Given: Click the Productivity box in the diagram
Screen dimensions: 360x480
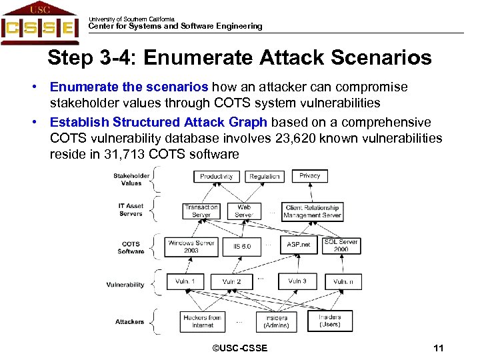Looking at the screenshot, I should (x=217, y=176).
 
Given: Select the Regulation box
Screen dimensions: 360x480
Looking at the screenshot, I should (x=265, y=176).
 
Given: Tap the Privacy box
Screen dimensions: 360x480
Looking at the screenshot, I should (x=309, y=175).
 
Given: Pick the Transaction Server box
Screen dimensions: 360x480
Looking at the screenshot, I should (x=201, y=211).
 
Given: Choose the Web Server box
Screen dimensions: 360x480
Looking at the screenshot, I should (x=244, y=211).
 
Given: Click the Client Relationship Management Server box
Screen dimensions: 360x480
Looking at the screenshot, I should (x=312, y=211).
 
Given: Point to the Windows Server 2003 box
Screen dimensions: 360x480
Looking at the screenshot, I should (x=191, y=247).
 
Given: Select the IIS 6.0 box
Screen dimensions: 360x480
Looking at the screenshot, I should (x=242, y=247).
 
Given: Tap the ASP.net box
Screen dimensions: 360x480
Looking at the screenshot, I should (x=298, y=245).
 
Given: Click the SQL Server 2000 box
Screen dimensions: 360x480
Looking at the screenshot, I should (x=341, y=245).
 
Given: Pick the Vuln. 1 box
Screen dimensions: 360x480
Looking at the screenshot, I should (x=186, y=282).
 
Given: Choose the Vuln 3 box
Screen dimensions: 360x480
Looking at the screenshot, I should (x=297, y=281).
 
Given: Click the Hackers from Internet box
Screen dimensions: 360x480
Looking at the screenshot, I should (x=202, y=321).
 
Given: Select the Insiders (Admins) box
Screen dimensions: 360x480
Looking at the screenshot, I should (x=276, y=321).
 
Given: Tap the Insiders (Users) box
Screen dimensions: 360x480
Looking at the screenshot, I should (x=329, y=321).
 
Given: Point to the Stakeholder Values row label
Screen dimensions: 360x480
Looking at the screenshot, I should (x=131, y=180).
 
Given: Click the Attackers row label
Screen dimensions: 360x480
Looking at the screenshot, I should (x=129, y=322).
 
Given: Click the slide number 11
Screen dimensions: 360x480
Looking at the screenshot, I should (x=438, y=348).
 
